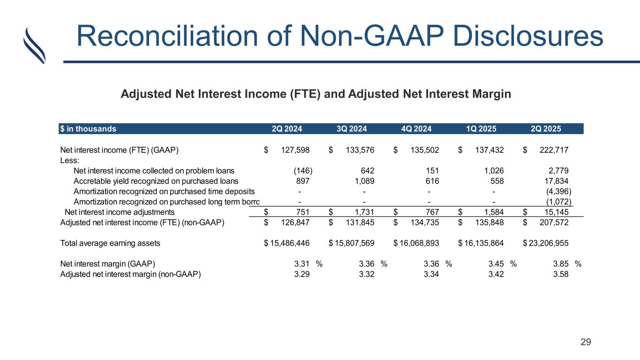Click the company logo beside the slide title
[34, 45]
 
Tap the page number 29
[586, 342]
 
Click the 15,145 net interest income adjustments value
[557, 212]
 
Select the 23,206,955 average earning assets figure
[549, 243]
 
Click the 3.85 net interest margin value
[561, 263]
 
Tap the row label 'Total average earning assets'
[110, 243]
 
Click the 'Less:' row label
[69, 160]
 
